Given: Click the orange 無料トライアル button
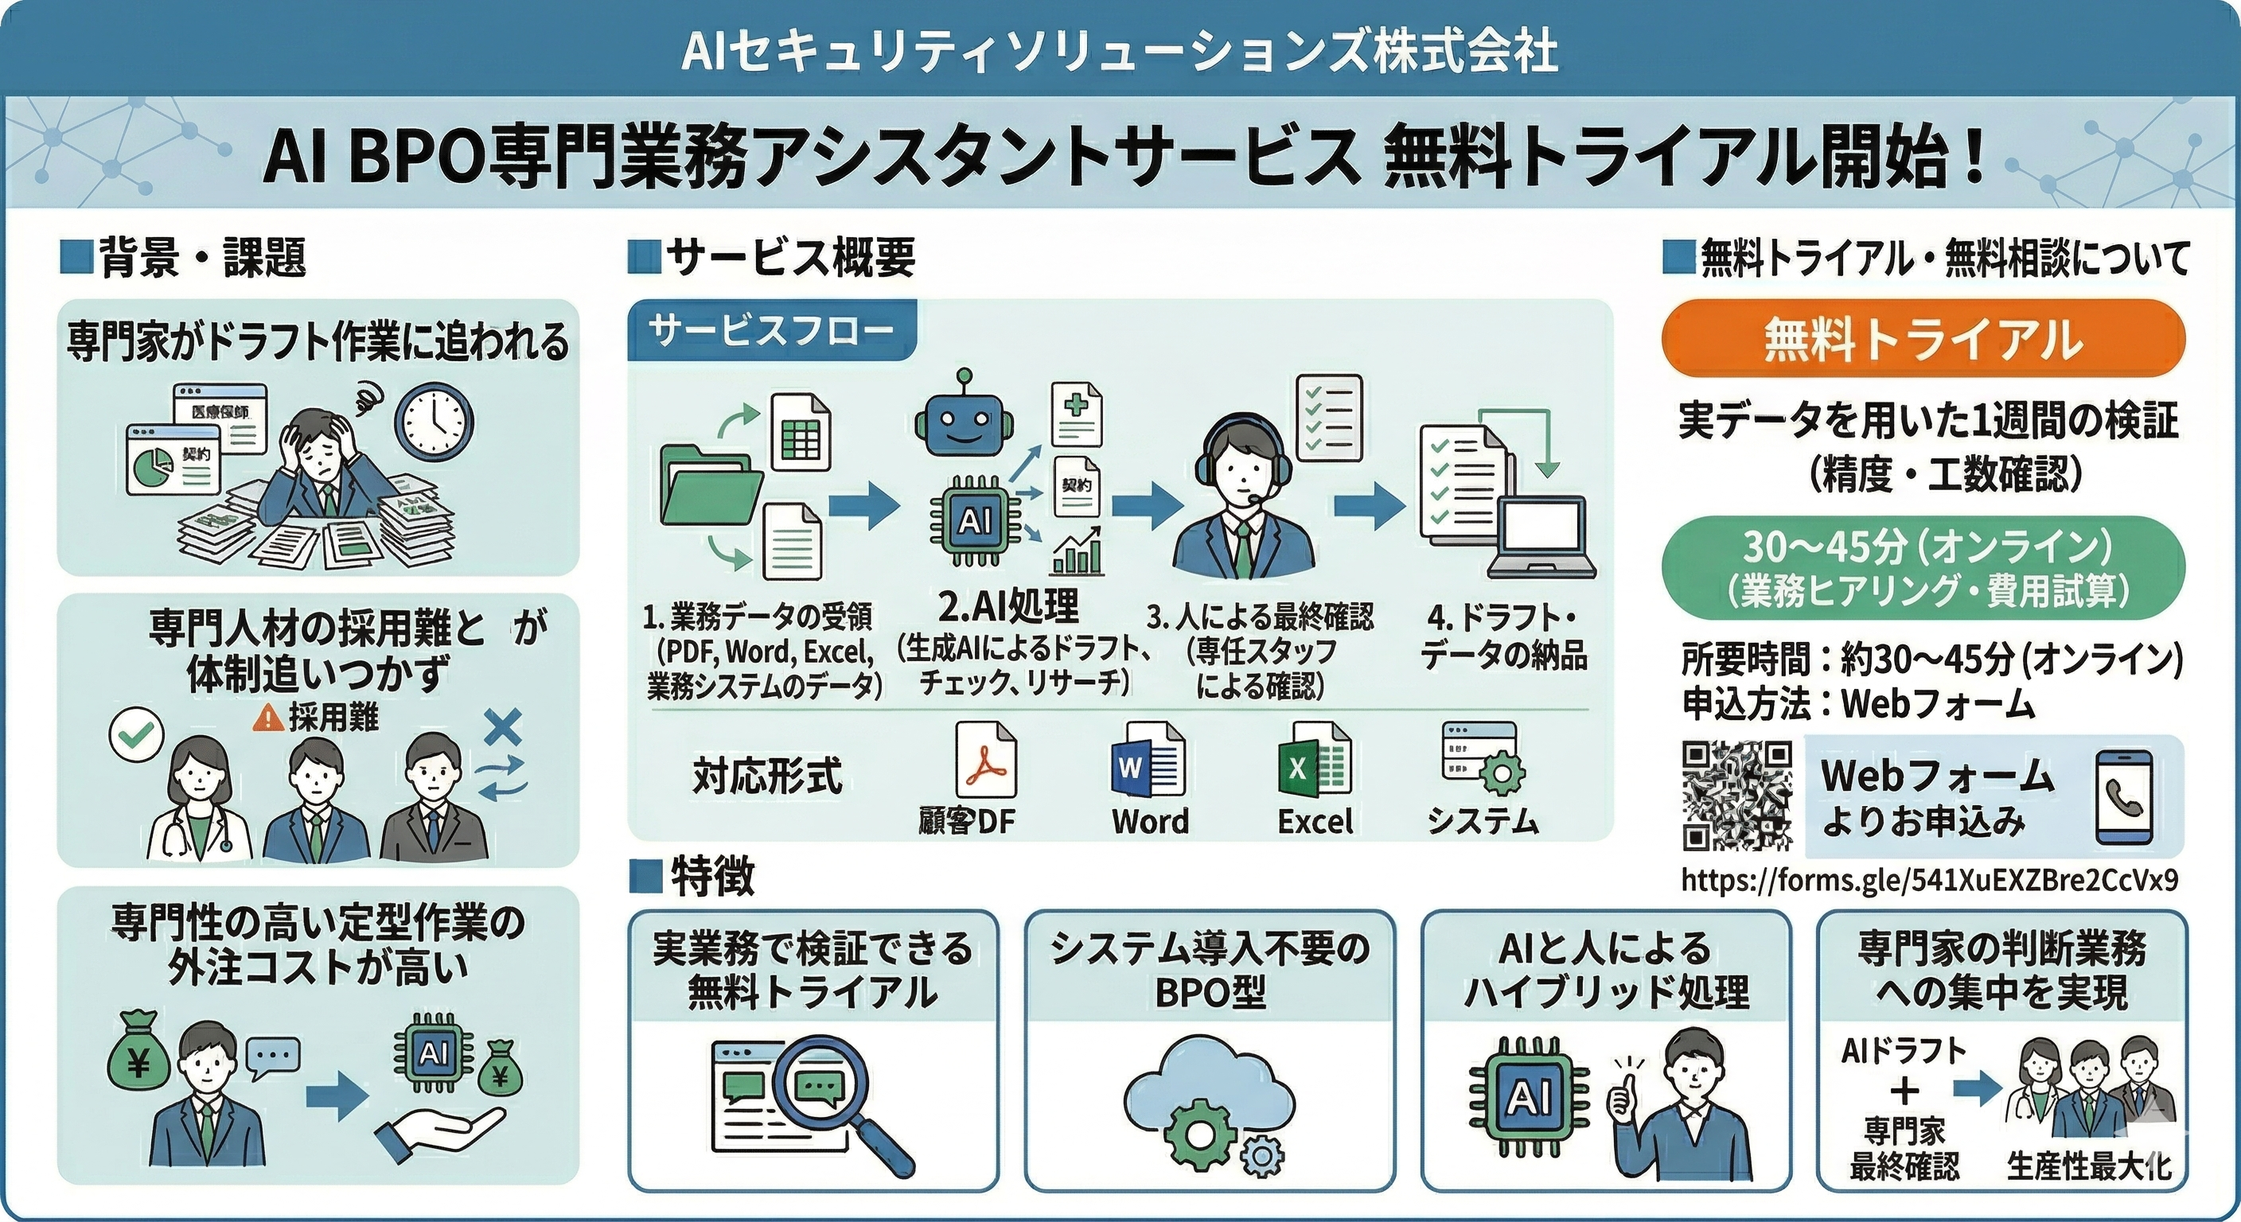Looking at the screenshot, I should [x=1923, y=339].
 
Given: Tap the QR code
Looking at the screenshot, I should [x=1737, y=795].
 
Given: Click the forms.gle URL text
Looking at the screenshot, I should [x=1930, y=880].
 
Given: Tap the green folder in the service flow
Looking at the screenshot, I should [x=711, y=483].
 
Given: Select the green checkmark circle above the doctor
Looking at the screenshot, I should [x=137, y=734].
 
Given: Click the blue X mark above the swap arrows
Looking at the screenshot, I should [x=502, y=727].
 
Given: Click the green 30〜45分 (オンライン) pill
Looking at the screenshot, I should [x=1923, y=567].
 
